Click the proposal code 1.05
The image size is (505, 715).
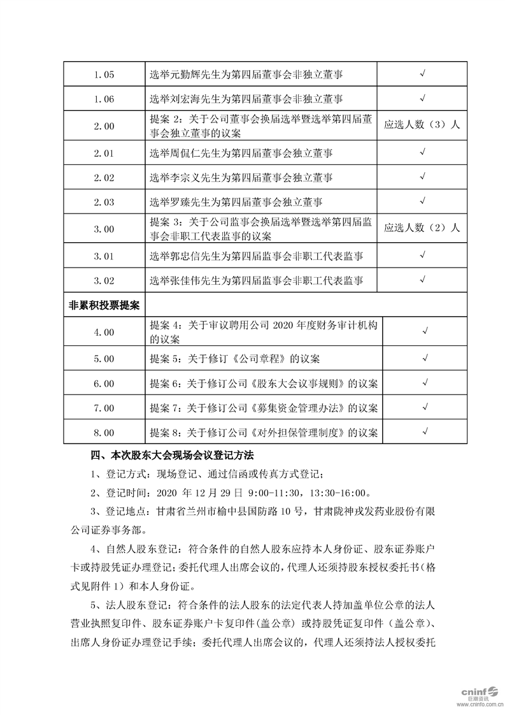[104, 75]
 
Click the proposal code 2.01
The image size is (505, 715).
[104, 153]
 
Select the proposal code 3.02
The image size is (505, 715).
[104, 280]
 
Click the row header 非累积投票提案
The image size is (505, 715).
[104, 305]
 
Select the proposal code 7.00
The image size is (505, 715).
[104, 408]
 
